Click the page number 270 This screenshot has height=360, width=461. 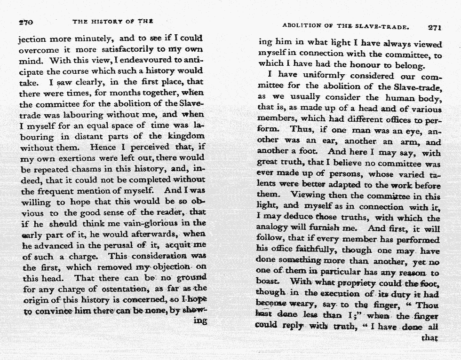[25, 22]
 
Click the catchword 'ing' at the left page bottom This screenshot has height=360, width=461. [200, 321]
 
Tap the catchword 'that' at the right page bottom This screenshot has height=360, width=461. [430, 338]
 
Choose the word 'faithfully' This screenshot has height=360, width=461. [315, 250]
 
